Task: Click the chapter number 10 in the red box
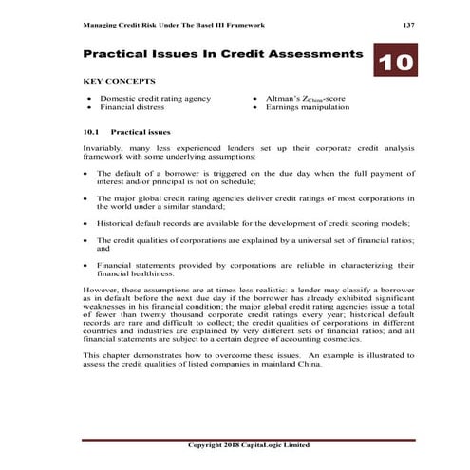394,66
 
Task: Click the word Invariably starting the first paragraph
103,148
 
